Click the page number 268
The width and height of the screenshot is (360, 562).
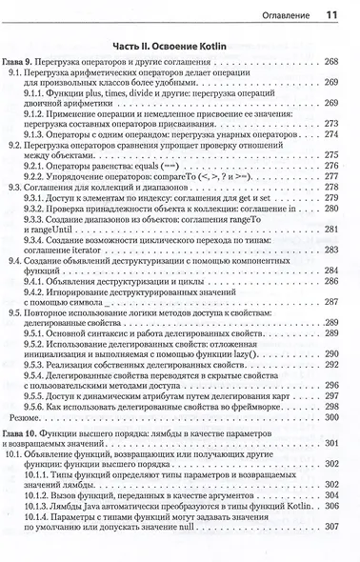pos(332,62)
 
